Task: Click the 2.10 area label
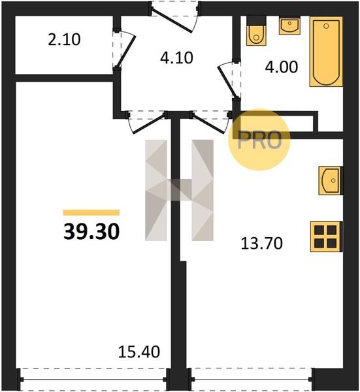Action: point(64,40)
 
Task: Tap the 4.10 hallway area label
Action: point(176,57)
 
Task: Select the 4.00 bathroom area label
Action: point(282,67)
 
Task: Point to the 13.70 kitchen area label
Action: point(262,244)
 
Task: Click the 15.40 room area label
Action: point(139,351)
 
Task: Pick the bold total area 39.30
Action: point(91,231)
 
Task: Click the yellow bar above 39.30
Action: point(91,212)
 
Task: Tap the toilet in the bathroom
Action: point(256,31)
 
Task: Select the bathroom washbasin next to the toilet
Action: point(289,25)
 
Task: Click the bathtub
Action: point(326,52)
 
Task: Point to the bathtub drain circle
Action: point(326,26)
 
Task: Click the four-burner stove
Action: point(326,237)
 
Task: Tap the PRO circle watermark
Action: point(259,140)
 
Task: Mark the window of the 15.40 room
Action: point(93,379)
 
